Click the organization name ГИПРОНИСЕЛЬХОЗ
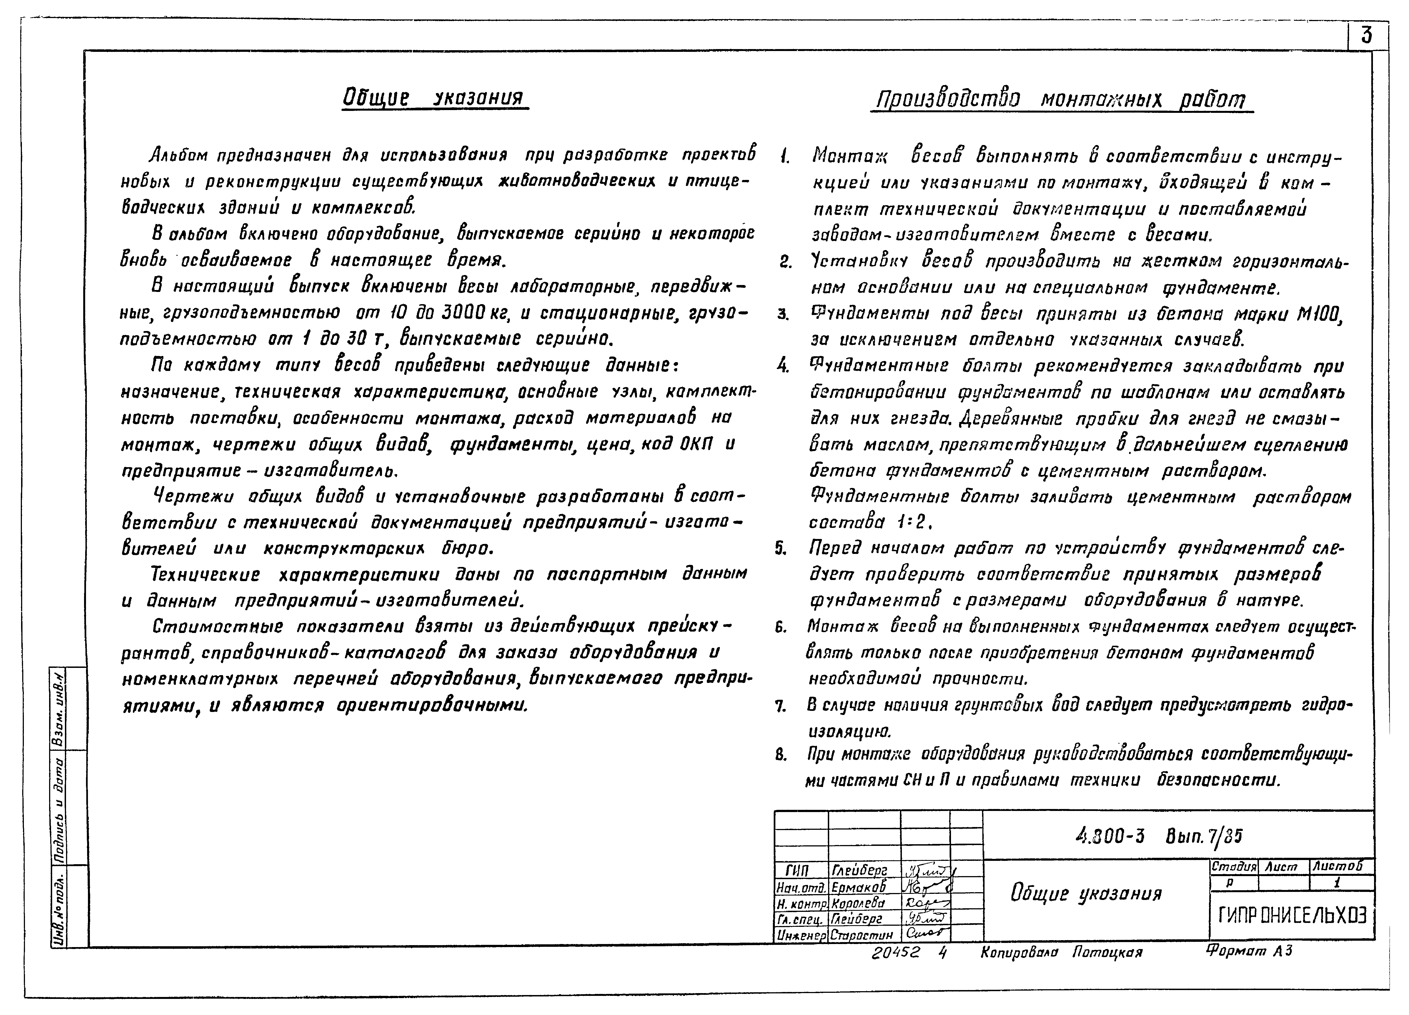[x=1292, y=915]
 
